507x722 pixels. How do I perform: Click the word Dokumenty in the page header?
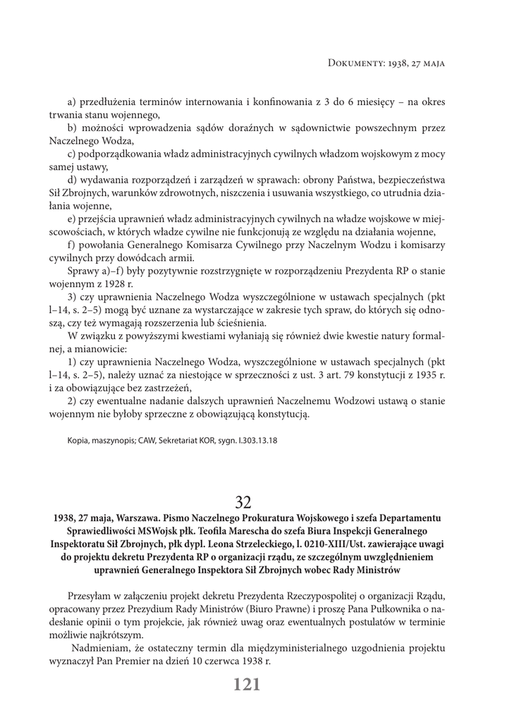click(356, 63)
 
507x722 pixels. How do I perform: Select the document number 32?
click(243, 502)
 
